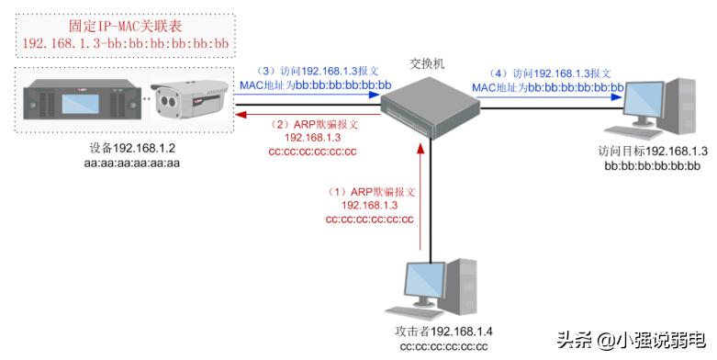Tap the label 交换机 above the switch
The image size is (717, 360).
click(x=428, y=65)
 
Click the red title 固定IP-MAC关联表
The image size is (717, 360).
click(x=127, y=28)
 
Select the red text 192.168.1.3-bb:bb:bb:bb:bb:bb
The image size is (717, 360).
click(x=127, y=44)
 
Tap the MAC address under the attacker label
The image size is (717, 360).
click(x=443, y=346)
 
